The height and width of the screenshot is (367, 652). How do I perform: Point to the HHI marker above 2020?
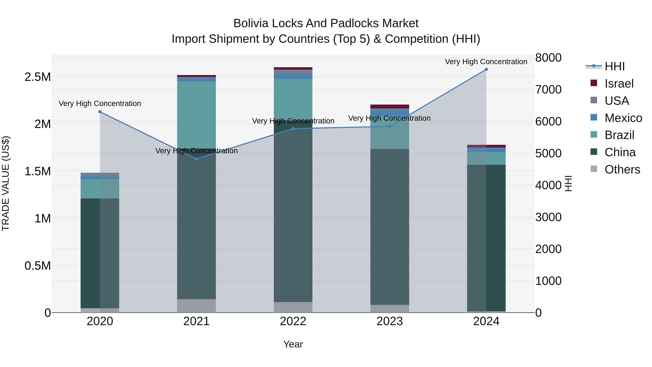click(x=100, y=112)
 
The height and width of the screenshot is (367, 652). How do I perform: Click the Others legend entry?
click(x=622, y=169)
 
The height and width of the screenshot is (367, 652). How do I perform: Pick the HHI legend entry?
click(x=614, y=66)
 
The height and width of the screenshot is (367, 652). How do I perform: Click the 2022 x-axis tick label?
click(x=293, y=321)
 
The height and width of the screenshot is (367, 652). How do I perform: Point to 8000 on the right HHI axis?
click(x=548, y=58)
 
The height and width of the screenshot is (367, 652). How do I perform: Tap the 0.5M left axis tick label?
click(x=38, y=266)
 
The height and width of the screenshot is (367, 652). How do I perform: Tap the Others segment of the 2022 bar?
click(x=293, y=307)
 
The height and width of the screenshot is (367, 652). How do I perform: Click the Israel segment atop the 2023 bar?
click(x=390, y=106)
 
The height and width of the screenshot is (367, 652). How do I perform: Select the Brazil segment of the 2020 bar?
click(x=100, y=189)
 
